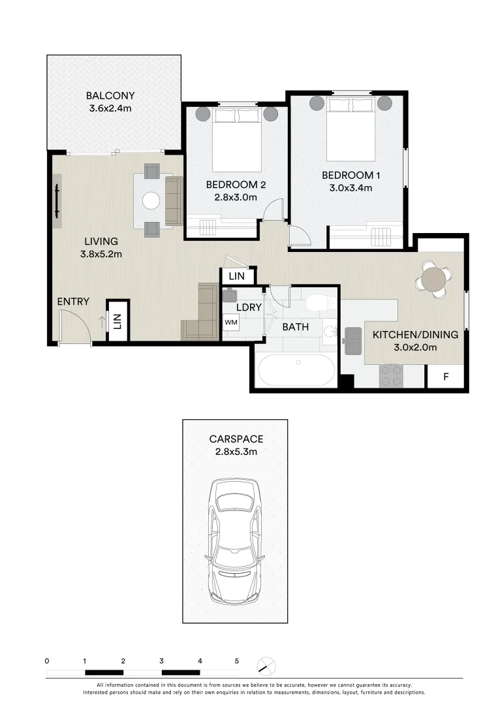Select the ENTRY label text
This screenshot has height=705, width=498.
pyautogui.click(x=72, y=302)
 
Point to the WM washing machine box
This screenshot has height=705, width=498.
pyautogui.click(x=231, y=322)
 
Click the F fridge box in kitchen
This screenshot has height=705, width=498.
pyautogui.click(x=446, y=376)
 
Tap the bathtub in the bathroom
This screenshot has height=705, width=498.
pyautogui.click(x=296, y=370)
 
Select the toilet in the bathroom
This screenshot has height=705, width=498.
pyautogui.click(x=320, y=302)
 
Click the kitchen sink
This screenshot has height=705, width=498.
pyautogui.click(x=354, y=339)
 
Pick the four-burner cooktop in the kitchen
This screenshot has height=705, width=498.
pyautogui.click(x=390, y=375)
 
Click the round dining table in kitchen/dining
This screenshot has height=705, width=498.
pyautogui.click(x=434, y=279)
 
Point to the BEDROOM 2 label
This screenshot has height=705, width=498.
pyautogui.click(x=232, y=184)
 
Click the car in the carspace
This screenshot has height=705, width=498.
pyautogui.click(x=235, y=542)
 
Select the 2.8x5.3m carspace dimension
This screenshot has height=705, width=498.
pyautogui.click(x=235, y=451)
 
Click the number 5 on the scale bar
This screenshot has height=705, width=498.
pyautogui.click(x=237, y=661)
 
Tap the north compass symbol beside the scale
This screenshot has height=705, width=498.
pyautogui.click(x=266, y=666)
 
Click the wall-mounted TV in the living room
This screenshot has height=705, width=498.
pyautogui.click(x=57, y=201)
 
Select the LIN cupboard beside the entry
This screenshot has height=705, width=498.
pyautogui.click(x=118, y=321)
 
